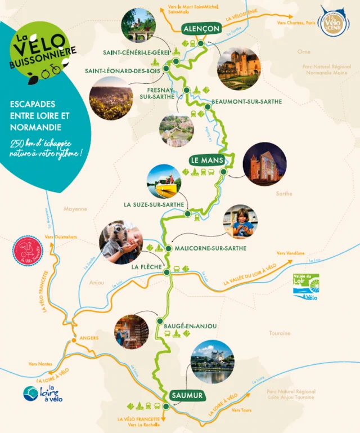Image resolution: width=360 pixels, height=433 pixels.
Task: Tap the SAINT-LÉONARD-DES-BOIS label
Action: (x=122, y=71)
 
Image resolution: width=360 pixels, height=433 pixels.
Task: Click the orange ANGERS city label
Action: (x=89, y=338)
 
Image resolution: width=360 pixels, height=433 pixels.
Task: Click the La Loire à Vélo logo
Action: (x=43, y=394)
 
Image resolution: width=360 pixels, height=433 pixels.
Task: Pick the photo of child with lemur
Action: (x=121, y=242)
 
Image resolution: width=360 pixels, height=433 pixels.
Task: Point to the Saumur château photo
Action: (x=212, y=361)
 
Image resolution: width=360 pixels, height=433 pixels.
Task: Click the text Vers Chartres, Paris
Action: (x=295, y=23)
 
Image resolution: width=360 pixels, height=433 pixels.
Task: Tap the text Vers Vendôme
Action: (x=289, y=253)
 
